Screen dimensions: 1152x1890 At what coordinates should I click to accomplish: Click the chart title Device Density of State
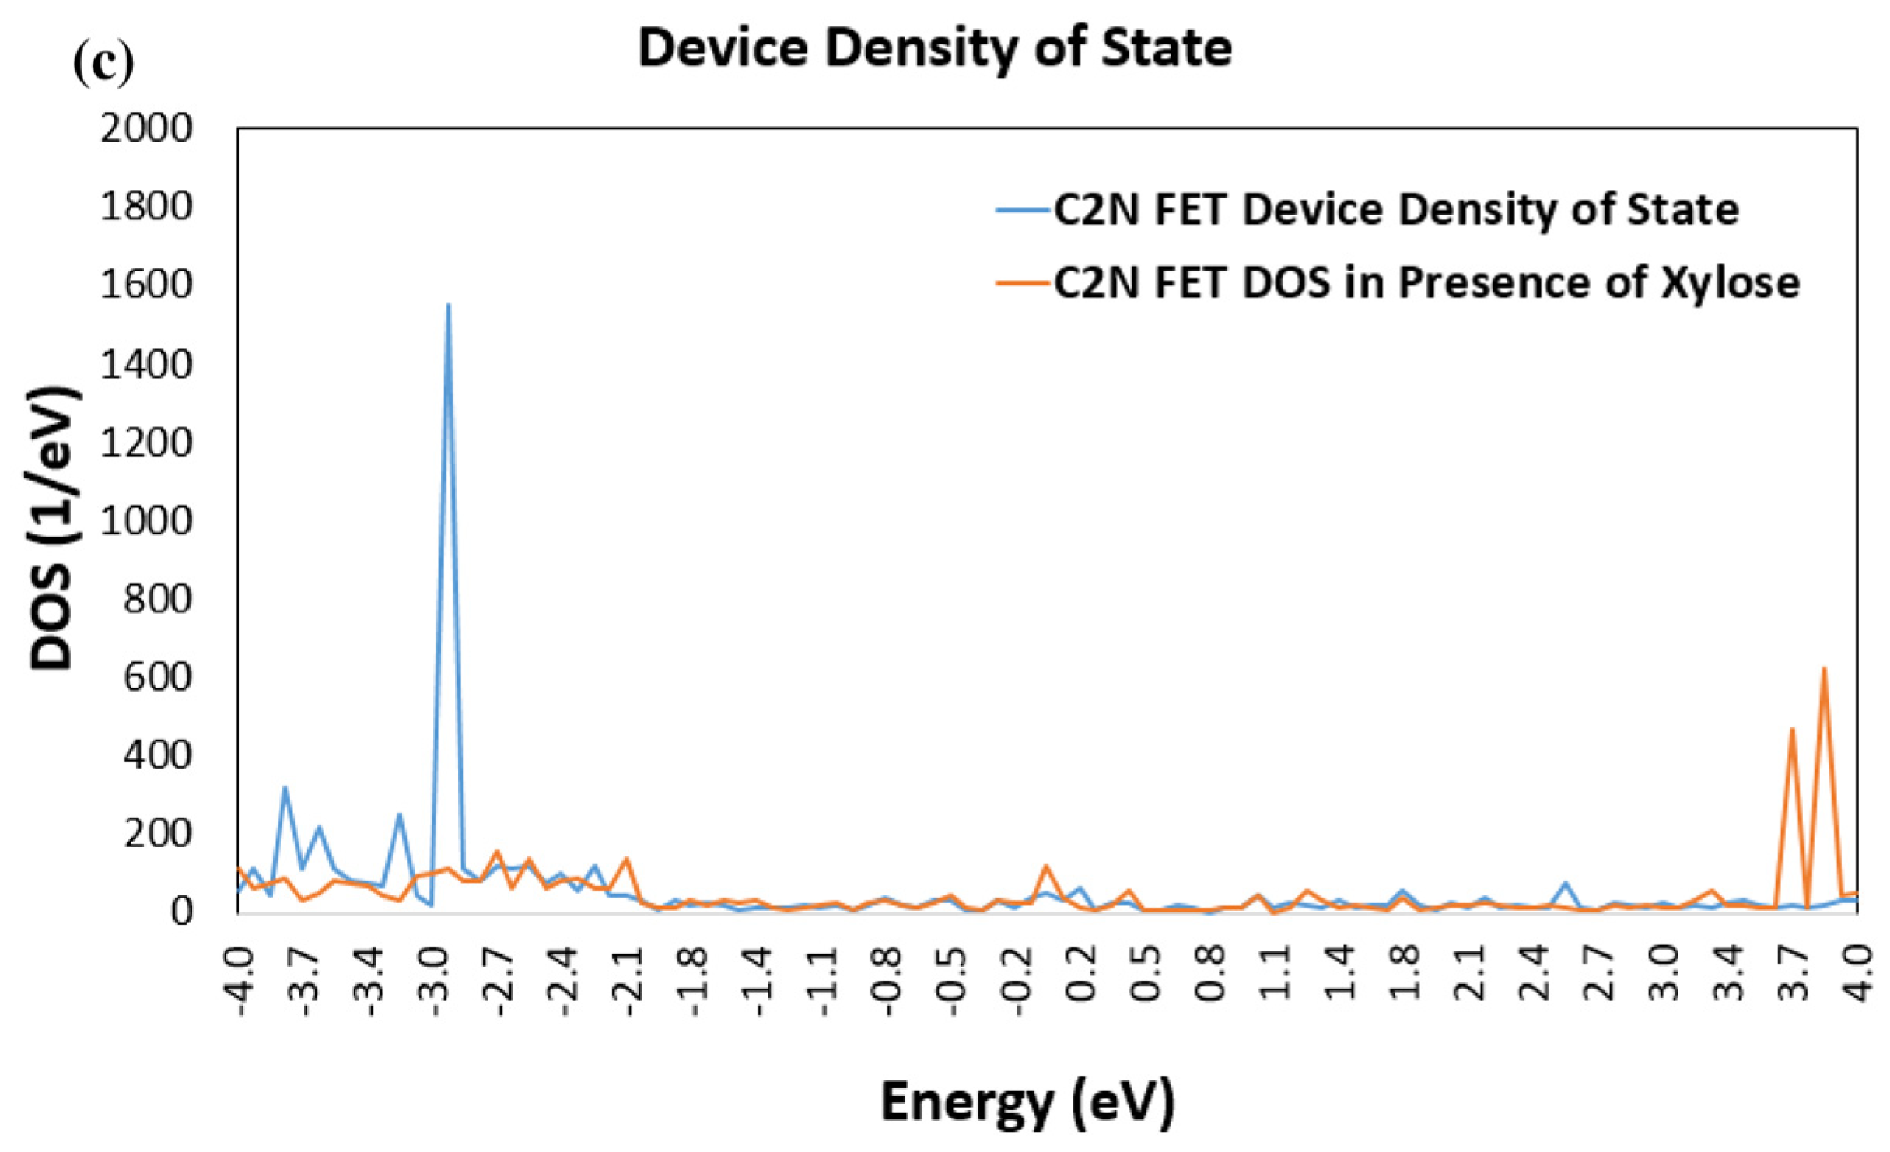(934, 48)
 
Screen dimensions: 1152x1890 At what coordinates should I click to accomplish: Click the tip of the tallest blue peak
(448, 304)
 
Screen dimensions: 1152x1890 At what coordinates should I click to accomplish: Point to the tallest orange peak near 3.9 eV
(1824, 668)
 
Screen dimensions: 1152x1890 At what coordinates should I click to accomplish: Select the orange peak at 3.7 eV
(1792, 730)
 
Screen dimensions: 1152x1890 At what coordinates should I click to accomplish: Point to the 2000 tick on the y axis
(146, 128)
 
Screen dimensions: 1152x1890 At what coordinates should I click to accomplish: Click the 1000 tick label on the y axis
(146, 520)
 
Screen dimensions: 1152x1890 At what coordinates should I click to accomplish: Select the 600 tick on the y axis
(156, 678)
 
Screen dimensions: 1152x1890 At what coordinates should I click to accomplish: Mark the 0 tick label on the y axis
(180, 912)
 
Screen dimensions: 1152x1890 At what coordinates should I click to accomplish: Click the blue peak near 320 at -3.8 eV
(285, 788)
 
